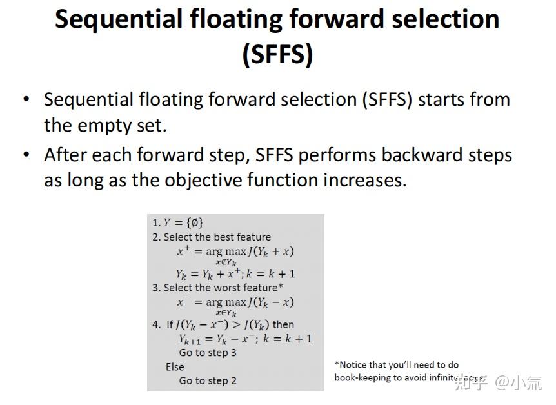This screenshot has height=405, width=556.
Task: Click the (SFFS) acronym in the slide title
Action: pyautogui.click(x=277, y=54)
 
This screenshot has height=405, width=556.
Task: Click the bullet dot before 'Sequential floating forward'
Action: pyautogui.click(x=26, y=99)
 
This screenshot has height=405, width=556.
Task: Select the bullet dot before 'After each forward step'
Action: pyautogui.click(x=26, y=155)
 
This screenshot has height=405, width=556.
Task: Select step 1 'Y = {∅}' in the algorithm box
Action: pyautogui.click(x=178, y=222)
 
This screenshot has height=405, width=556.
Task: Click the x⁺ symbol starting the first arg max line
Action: pyautogui.click(x=183, y=250)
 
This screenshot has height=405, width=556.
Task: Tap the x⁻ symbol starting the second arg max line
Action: pyautogui.click(x=183, y=301)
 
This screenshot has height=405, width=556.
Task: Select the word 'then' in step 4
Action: pyautogui.click(x=283, y=324)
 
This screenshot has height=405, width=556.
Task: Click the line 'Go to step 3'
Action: pyautogui.click(x=208, y=353)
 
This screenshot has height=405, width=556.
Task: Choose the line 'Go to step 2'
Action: pyautogui.click(x=208, y=380)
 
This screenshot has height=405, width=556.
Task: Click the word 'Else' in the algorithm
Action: pyautogui.click(x=175, y=366)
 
